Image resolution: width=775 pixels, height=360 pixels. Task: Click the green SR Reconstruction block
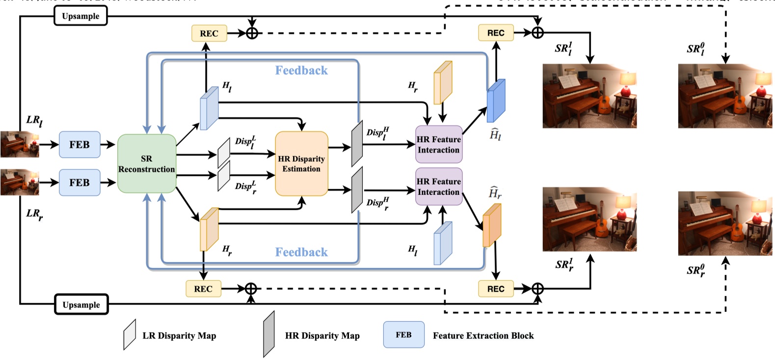click(x=146, y=164)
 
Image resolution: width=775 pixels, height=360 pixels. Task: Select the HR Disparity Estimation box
click(x=301, y=164)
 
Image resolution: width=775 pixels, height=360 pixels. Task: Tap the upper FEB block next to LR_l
click(x=80, y=144)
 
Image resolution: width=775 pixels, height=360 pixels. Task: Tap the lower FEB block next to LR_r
click(x=80, y=183)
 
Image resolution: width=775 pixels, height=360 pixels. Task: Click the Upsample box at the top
click(x=80, y=16)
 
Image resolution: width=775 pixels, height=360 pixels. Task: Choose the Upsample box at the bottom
click(x=81, y=305)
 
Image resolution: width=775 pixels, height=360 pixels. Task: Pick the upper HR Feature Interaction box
click(x=439, y=144)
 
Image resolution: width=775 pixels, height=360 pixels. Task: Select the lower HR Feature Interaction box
click(x=439, y=187)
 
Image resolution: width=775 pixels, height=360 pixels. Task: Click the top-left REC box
click(x=209, y=33)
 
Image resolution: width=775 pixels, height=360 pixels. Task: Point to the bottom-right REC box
click(x=496, y=289)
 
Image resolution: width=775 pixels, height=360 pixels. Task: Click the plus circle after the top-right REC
click(x=538, y=33)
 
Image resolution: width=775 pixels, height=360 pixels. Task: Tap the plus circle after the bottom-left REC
click(x=251, y=289)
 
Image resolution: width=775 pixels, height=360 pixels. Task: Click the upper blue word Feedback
click(x=301, y=71)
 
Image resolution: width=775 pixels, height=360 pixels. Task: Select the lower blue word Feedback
click(x=301, y=252)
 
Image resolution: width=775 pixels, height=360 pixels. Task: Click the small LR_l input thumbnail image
click(x=20, y=144)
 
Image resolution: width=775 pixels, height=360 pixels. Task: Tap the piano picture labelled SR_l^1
click(x=589, y=96)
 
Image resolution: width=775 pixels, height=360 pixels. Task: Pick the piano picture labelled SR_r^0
click(x=724, y=223)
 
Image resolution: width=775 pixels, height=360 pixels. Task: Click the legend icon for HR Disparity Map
click(x=268, y=334)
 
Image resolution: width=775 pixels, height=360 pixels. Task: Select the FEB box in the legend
click(x=403, y=335)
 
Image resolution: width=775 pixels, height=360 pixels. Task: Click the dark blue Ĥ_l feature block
click(x=496, y=101)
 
